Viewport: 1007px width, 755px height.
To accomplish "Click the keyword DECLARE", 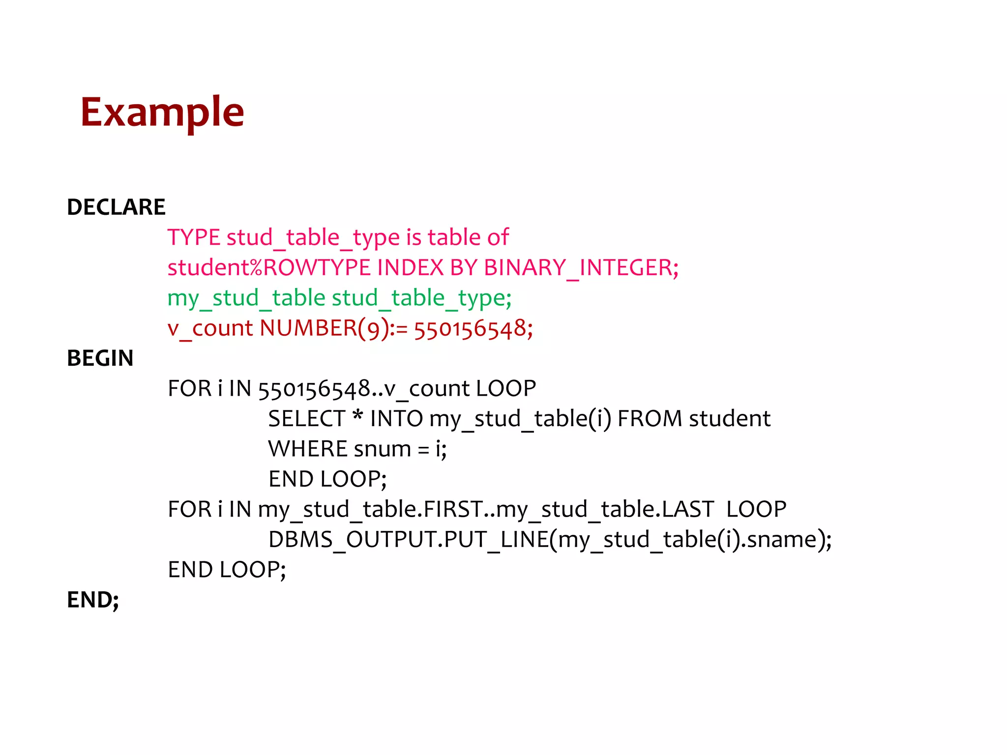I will pyautogui.click(x=116, y=207).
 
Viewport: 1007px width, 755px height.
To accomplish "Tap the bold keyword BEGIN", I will pyautogui.click(x=100, y=358).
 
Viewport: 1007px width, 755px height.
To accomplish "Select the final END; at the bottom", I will pyautogui.click(x=93, y=600).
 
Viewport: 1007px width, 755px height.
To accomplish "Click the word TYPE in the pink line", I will pyautogui.click(x=194, y=237).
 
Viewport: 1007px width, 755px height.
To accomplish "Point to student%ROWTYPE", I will pyautogui.click(x=269, y=268).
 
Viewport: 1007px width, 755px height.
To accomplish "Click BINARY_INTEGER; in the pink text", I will pyautogui.click(x=581, y=268).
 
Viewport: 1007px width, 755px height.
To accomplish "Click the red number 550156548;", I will pyautogui.click(x=473, y=328).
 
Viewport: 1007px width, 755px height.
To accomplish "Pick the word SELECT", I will pyautogui.click(x=307, y=419).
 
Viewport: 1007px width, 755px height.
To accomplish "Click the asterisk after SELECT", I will pyautogui.click(x=358, y=417).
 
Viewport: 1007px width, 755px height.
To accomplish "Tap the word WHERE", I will pyautogui.click(x=308, y=449).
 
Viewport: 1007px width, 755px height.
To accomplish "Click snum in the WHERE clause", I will pyautogui.click(x=382, y=449).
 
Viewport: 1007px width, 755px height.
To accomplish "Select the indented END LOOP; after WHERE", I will pyautogui.click(x=327, y=479).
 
